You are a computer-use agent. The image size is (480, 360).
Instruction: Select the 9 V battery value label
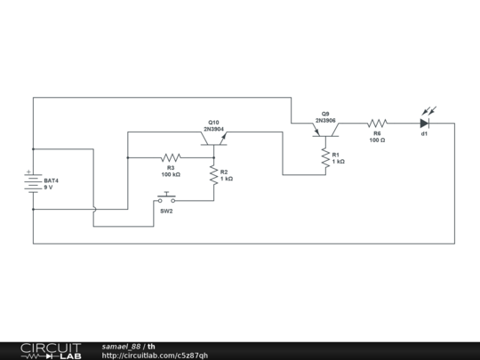coord(48,188)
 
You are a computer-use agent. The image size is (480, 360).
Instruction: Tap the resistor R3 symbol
coord(172,157)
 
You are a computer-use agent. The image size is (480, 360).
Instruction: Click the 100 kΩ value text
coord(171,173)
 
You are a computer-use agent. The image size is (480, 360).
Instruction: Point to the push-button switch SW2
coord(167,198)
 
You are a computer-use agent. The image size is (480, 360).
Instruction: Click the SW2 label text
coord(166,212)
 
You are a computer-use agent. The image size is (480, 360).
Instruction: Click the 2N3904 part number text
coord(215,128)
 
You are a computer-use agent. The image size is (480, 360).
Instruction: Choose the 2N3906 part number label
coord(325,120)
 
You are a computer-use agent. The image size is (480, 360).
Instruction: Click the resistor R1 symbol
coord(325,157)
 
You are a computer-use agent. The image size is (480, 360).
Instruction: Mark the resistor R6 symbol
coord(377,124)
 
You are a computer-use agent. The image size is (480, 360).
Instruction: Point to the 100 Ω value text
coord(377,140)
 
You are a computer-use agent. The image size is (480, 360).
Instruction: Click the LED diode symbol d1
coord(425,123)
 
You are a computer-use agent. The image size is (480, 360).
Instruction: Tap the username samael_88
coord(121,346)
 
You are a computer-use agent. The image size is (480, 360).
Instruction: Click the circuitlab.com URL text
coord(155,355)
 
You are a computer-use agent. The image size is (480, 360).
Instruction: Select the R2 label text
coord(224,172)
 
